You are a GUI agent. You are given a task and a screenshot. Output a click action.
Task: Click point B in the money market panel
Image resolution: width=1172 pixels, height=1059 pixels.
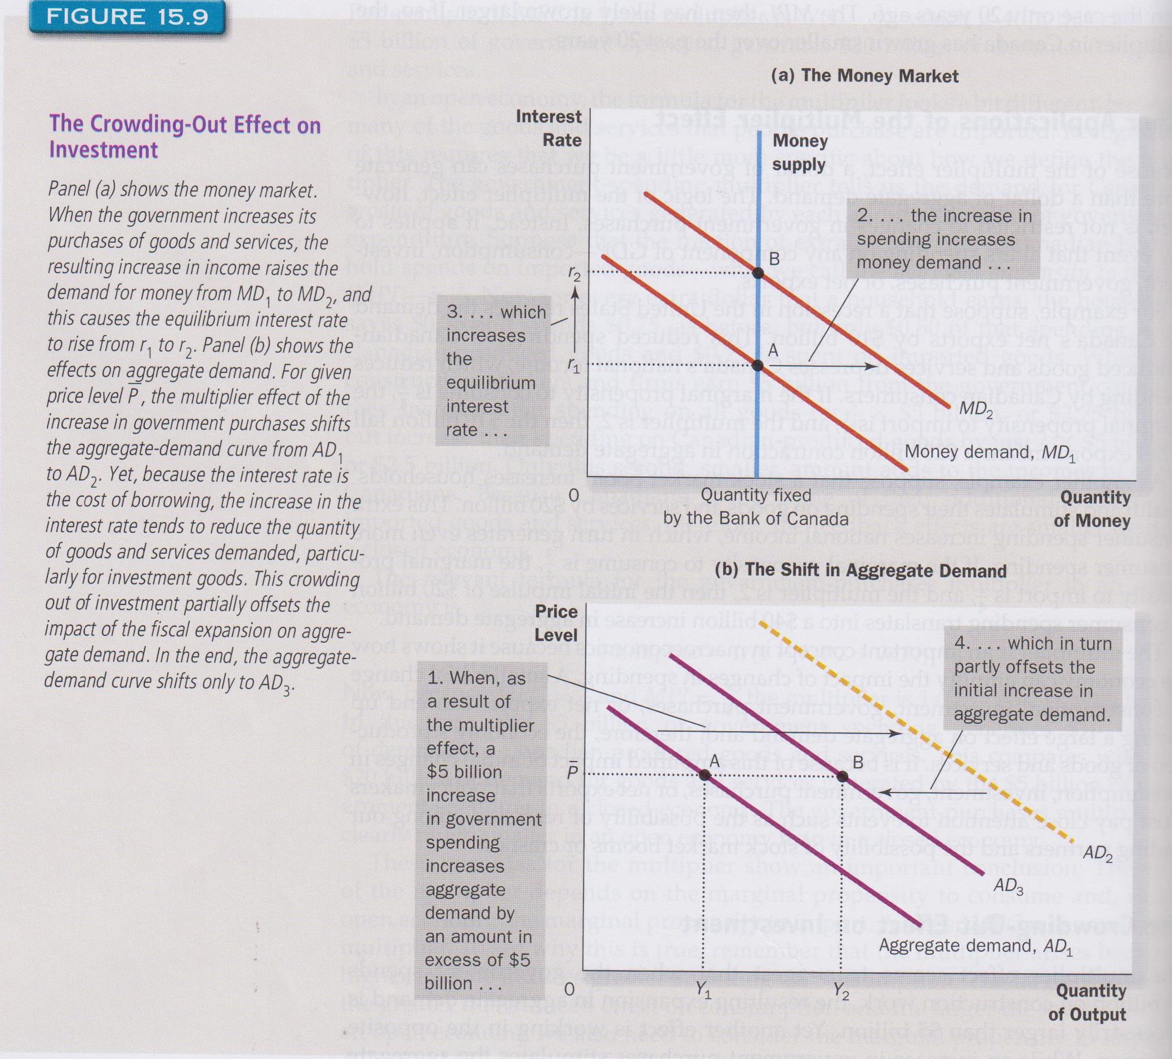(x=757, y=272)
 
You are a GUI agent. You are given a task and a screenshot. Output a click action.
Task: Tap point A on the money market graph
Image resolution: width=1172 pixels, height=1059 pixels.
(x=757, y=365)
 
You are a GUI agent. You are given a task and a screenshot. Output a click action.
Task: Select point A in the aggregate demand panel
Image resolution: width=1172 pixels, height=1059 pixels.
(x=705, y=775)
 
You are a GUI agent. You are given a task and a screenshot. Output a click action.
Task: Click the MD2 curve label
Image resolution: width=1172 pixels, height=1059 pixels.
(x=976, y=410)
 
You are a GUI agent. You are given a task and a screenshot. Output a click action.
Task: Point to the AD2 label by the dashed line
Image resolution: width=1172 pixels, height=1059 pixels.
(x=1098, y=853)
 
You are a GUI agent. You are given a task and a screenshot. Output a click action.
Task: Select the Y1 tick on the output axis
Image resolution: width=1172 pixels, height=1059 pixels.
(x=703, y=989)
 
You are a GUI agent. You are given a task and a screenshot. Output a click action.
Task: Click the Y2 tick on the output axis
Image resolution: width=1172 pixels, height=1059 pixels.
(x=841, y=989)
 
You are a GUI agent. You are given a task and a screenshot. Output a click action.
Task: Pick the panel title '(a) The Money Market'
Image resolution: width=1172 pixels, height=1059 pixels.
(x=864, y=76)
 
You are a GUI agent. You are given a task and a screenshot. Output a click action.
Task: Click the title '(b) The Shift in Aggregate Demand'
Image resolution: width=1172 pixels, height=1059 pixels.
(x=861, y=570)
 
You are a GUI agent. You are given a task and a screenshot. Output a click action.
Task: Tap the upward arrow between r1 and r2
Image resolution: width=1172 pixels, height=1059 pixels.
(x=574, y=317)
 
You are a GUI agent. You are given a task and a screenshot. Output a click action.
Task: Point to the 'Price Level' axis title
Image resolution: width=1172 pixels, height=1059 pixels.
(x=556, y=623)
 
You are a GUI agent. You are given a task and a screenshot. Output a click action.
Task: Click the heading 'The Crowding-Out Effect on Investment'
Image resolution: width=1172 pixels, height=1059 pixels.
(x=184, y=137)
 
